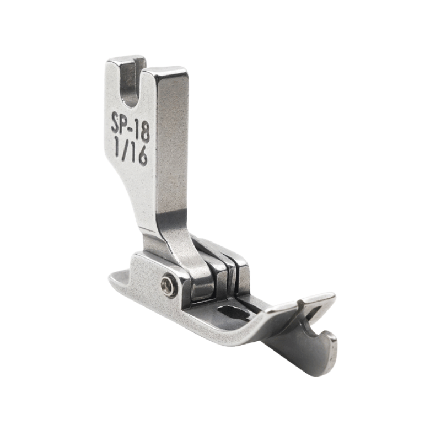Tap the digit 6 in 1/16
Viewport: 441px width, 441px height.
[142, 156]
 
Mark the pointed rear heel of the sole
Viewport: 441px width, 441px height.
[115, 278]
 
